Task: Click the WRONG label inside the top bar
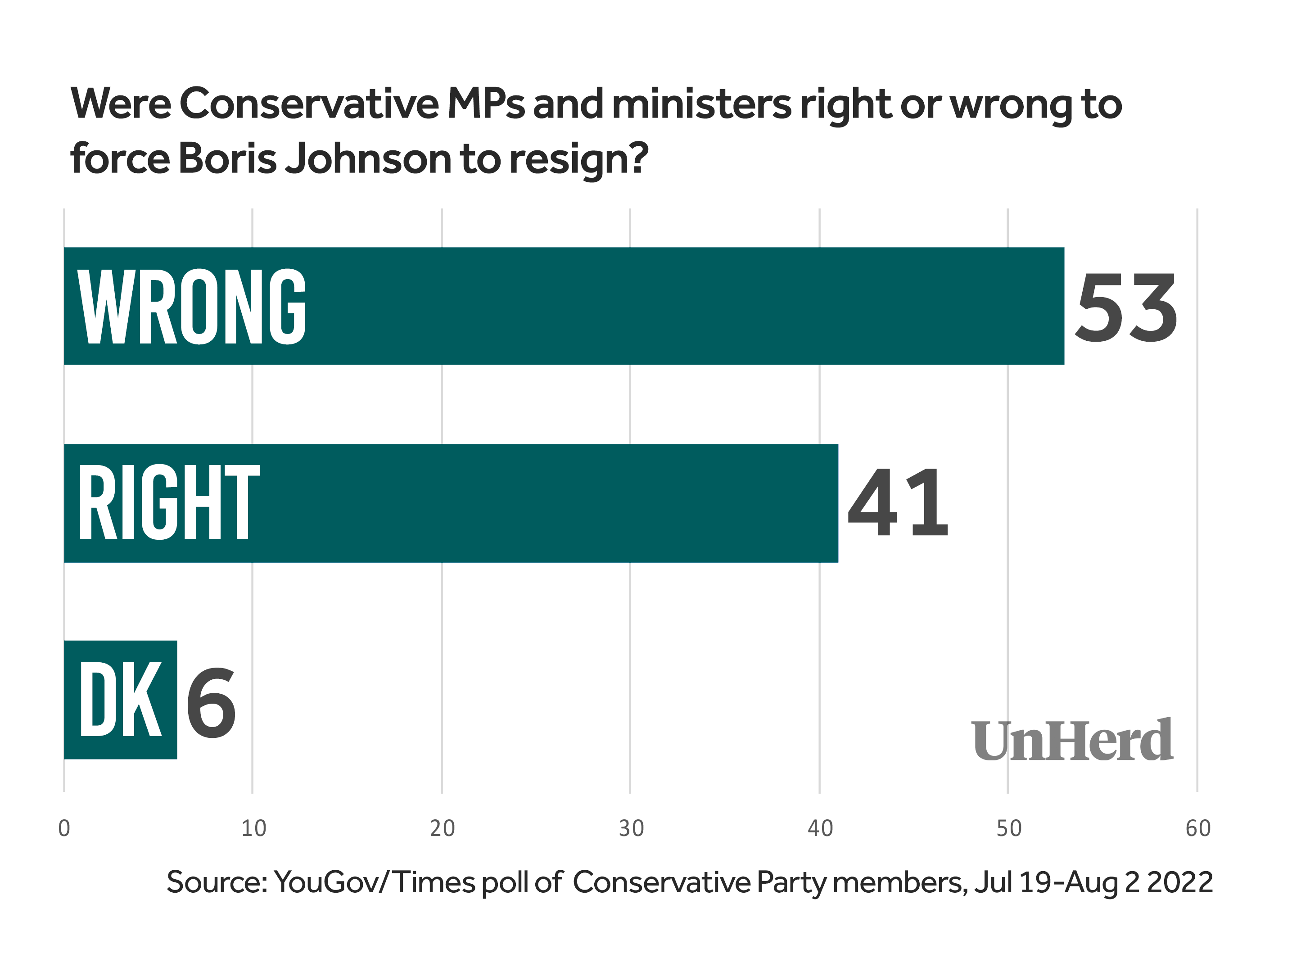tap(192, 307)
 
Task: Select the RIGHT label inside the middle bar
tap(169, 502)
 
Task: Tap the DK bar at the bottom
tap(120, 700)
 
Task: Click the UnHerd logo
tap(1072, 741)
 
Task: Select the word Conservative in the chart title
tap(309, 104)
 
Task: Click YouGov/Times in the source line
tap(374, 882)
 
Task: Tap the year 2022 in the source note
tap(1180, 882)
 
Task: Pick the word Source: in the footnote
tap(217, 882)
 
